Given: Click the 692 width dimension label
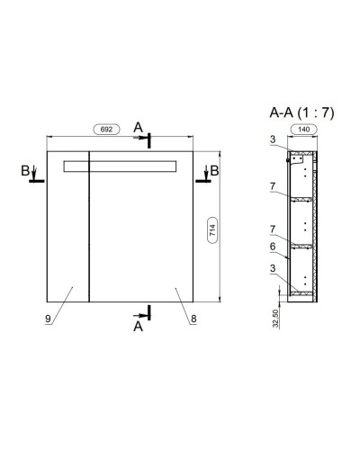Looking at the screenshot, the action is pyautogui.click(x=106, y=130).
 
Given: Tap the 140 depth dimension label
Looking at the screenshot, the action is pyautogui.click(x=303, y=130).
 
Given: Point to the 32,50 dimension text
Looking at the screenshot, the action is pyautogui.click(x=276, y=319).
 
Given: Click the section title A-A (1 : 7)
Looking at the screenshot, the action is pyautogui.click(x=301, y=113).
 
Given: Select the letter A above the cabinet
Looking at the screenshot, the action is pyautogui.click(x=138, y=128).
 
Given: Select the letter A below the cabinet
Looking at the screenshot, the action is pyautogui.click(x=138, y=327).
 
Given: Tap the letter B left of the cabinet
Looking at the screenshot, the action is pyautogui.click(x=25, y=171).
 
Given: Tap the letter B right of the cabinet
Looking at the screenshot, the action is pyautogui.click(x=215, y=171).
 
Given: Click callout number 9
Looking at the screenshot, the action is pyautogui.click(x=48, y=319).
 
